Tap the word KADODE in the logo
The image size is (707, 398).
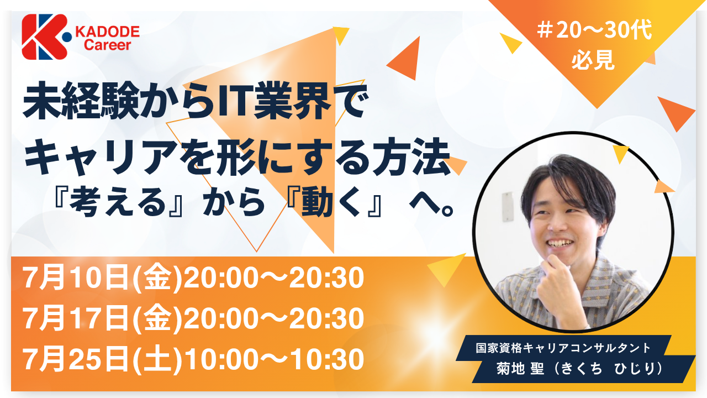coord(107,32)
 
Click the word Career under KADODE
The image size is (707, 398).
coord(107,45)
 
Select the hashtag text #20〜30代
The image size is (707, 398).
coord(594,31)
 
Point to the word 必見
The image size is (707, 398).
coord(593,60)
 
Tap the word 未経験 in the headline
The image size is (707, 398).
coord(81,101)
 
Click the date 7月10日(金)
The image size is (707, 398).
coord(102,277)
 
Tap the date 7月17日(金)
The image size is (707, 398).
coord(102,318)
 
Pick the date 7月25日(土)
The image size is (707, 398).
coord(102,359)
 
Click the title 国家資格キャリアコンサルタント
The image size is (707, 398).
coord(563,348)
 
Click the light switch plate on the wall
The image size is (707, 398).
coord(508,206)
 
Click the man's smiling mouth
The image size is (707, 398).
coord(561,244)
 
